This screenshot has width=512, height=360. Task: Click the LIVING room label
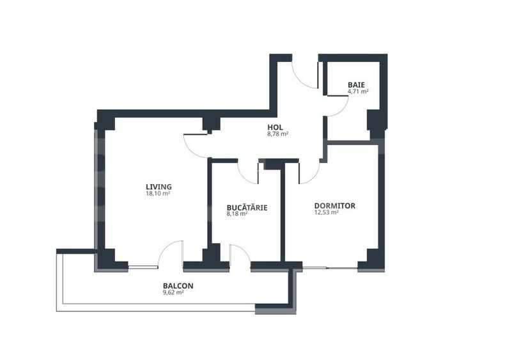point(159,187)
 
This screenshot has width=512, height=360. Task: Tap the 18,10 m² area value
point(158,194)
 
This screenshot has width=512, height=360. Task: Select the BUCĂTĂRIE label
point(247,208)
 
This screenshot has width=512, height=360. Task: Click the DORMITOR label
point(334,206)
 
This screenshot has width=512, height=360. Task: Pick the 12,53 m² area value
point(326,213)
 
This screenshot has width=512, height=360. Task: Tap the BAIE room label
point(357,85)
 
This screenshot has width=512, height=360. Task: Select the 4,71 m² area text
point(358,91)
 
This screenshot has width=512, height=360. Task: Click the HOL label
point(275,127)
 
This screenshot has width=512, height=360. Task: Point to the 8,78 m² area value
point(277,134)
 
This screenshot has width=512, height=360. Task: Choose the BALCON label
point(178,286)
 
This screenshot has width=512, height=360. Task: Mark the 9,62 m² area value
point(173,293)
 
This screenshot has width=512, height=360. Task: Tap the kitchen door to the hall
point(248,171)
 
